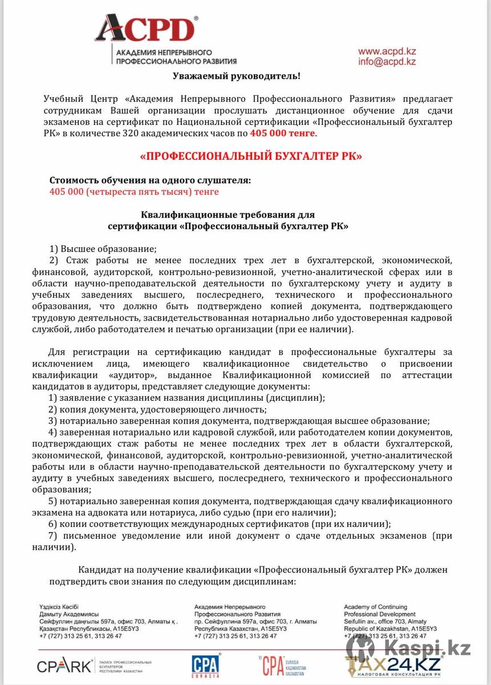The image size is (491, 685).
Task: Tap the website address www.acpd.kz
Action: pos(386,51)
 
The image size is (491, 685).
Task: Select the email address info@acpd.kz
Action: pos(387,62)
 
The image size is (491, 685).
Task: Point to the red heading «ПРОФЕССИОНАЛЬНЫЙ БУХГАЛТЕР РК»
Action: pos(251,156)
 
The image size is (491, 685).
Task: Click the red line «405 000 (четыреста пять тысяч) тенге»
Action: pos(134,192)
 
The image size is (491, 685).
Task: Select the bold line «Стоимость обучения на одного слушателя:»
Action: pos(150,180)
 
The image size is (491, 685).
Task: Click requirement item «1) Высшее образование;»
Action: pos(103,249)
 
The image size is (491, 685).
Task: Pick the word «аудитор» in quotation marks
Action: pos(124,375)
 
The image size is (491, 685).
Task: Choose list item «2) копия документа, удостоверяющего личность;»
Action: pos(157,409)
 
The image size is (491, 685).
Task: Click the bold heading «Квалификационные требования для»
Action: pos(228,215)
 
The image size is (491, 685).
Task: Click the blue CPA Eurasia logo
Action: pos(206,666)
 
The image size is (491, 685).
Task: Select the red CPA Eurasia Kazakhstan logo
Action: pos(282,666)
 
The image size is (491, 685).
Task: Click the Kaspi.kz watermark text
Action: pos(427,647)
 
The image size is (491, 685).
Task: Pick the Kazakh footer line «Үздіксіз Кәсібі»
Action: pos(59,607)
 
